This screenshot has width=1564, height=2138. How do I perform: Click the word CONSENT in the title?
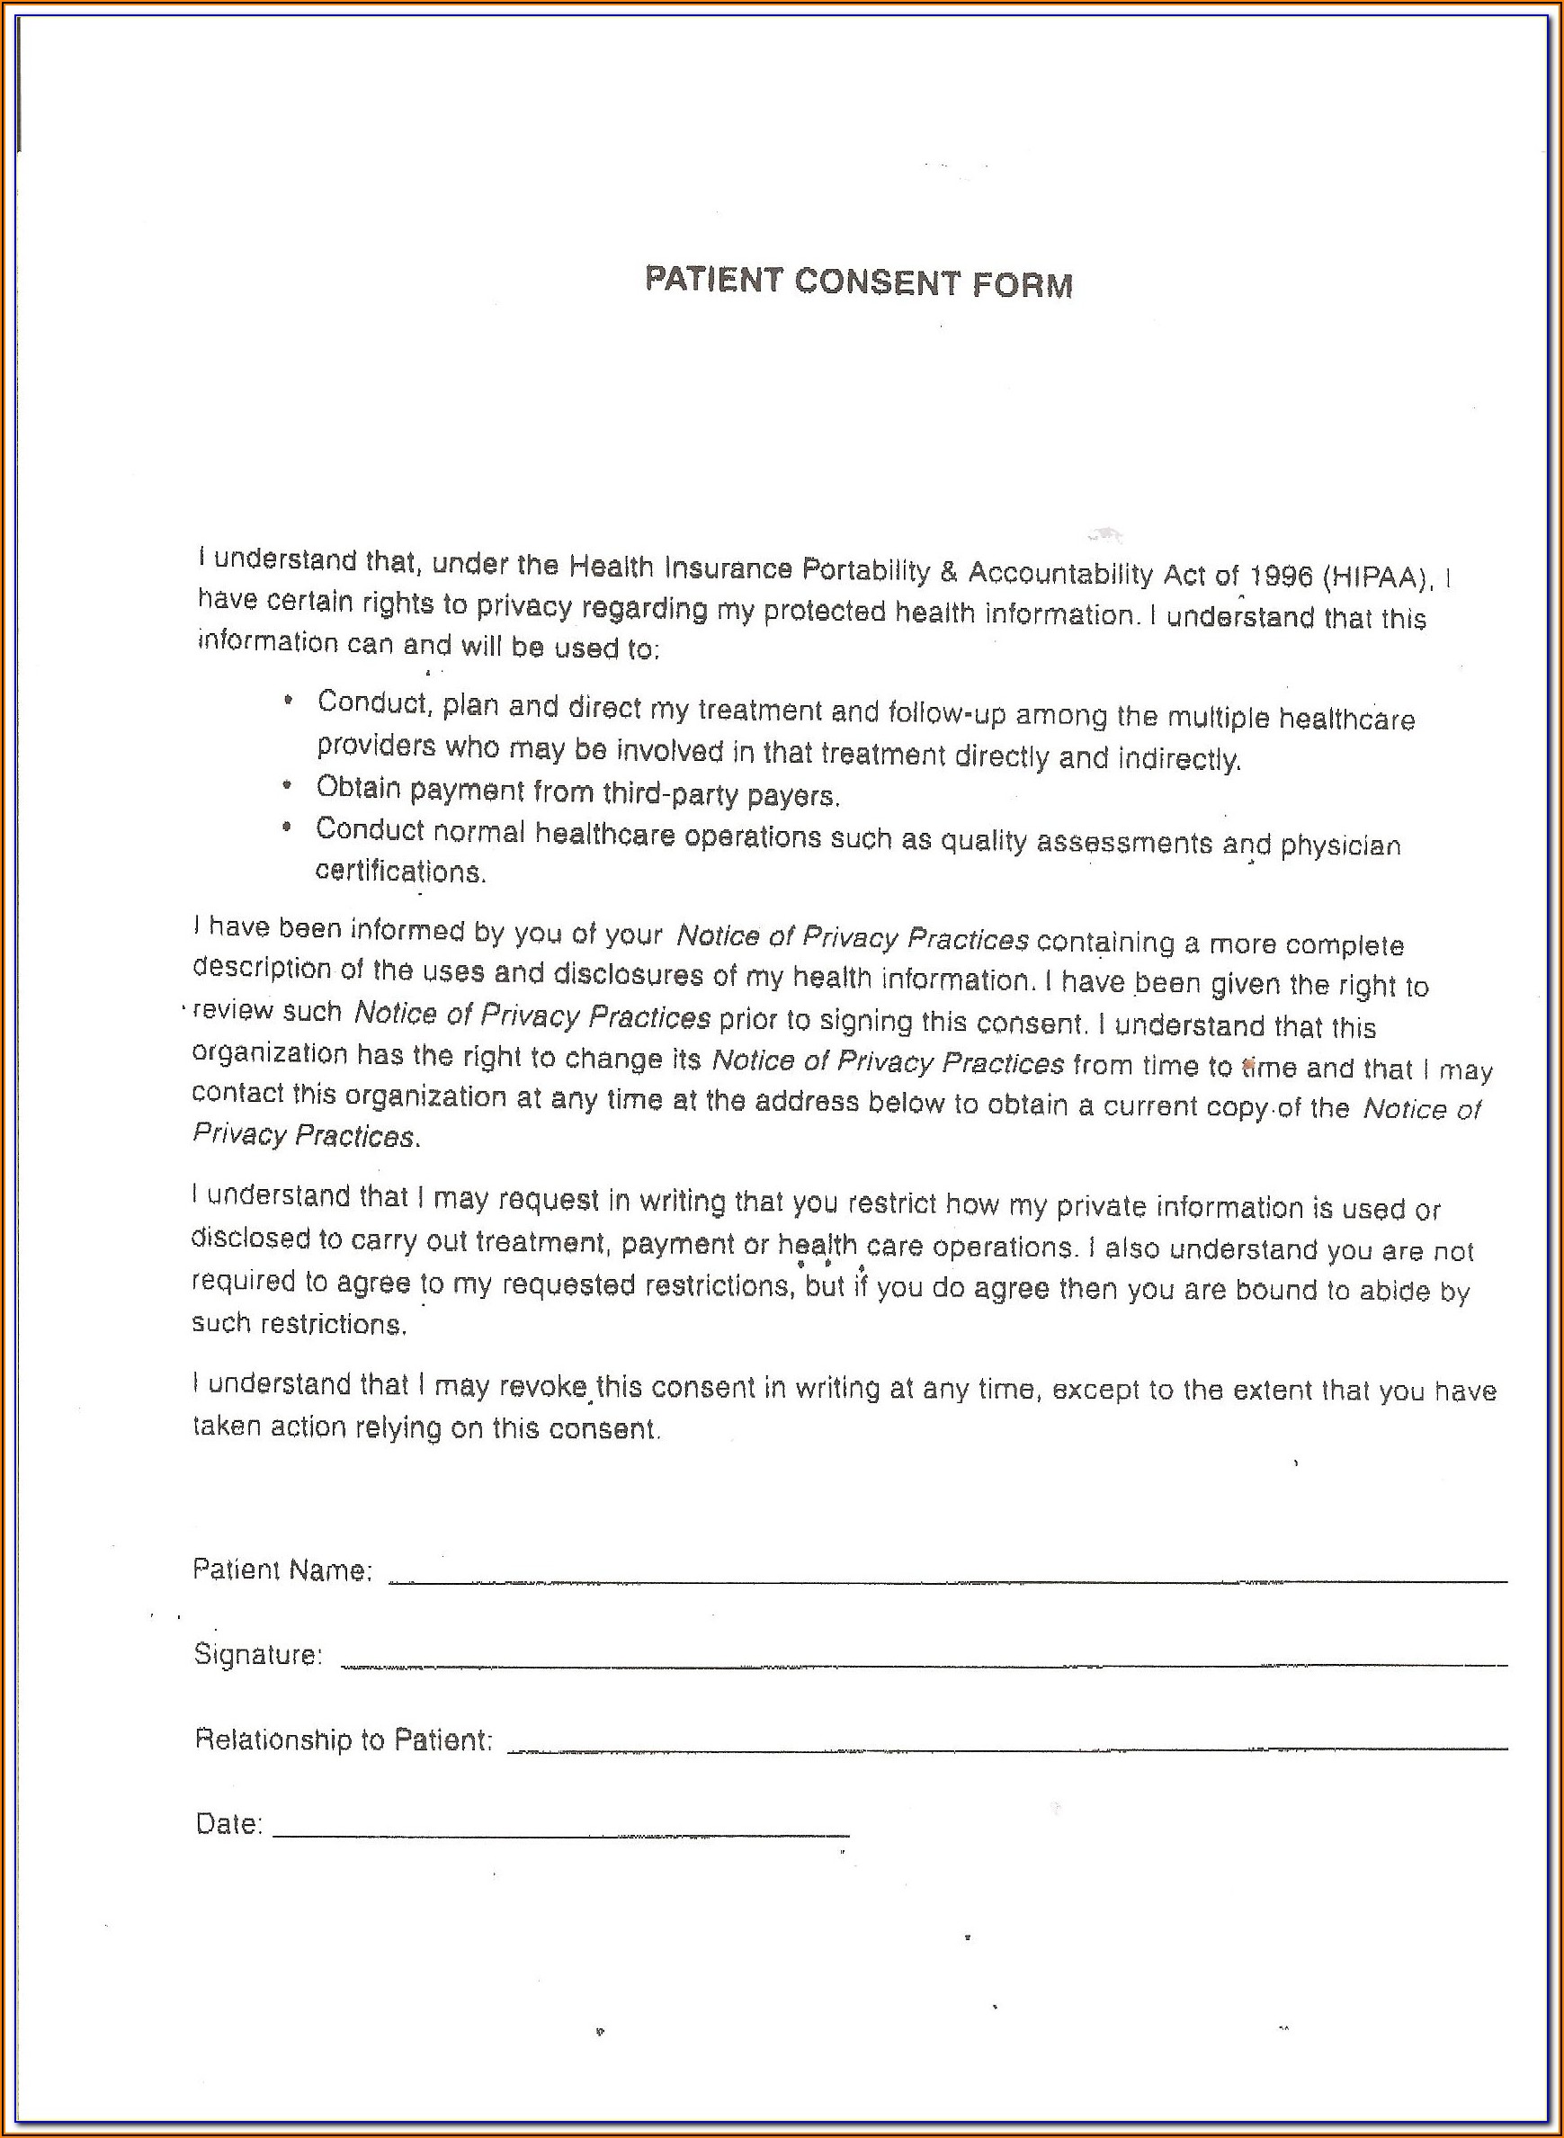point(877,282)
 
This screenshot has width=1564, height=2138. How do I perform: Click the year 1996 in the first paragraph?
point(1281,576)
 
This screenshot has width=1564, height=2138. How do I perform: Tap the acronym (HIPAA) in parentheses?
point(1378,577)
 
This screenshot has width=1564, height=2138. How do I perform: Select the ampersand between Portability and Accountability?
point(949,572)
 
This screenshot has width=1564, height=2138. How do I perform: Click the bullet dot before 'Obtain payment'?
point(287,786)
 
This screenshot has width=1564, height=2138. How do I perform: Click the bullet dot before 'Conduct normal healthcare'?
point(287,827)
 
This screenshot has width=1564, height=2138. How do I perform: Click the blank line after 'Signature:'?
point(923,1664)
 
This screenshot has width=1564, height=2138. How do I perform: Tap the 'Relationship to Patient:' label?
point(344,1740)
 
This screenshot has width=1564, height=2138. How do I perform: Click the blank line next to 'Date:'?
point(560,1834)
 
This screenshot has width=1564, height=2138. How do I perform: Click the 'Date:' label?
point(228,1825)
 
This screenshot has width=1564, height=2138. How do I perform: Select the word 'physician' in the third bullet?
point(1340,845)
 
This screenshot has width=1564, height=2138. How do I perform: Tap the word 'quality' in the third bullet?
point(983,841)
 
